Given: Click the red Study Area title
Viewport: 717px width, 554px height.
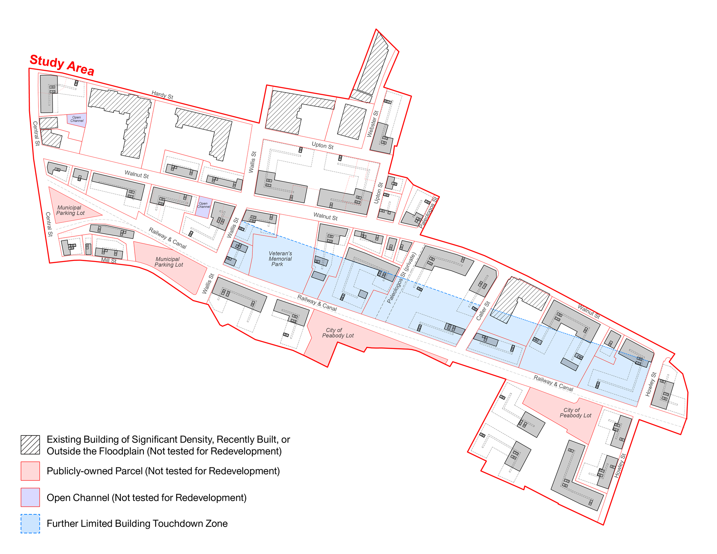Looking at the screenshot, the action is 62,65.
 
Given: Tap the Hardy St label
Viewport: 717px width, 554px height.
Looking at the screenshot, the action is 162,95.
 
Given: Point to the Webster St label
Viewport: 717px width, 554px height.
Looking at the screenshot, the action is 373,124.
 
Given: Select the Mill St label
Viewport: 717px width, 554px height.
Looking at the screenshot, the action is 109,261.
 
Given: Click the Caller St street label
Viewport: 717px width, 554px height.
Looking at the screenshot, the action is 483,311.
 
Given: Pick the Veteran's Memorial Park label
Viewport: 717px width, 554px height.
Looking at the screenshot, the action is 280,259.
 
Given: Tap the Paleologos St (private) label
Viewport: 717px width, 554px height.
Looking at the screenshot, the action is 401,278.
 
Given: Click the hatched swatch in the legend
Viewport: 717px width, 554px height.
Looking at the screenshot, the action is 30,445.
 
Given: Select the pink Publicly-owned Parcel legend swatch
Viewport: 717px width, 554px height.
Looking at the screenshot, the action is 30,471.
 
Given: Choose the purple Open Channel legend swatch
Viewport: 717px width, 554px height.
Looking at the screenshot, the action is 30,497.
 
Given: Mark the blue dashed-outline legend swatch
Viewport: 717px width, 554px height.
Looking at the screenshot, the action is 30,524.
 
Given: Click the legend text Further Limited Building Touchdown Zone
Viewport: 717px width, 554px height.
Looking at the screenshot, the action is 137,524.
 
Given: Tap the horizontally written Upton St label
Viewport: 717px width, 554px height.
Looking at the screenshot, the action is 323,146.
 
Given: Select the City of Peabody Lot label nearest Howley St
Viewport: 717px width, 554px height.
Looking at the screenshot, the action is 575,413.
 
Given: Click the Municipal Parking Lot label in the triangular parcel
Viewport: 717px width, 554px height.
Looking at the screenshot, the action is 70,210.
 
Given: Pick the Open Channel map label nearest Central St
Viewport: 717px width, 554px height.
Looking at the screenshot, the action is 77,119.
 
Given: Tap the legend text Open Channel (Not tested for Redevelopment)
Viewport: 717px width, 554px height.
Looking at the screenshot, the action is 147,498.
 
